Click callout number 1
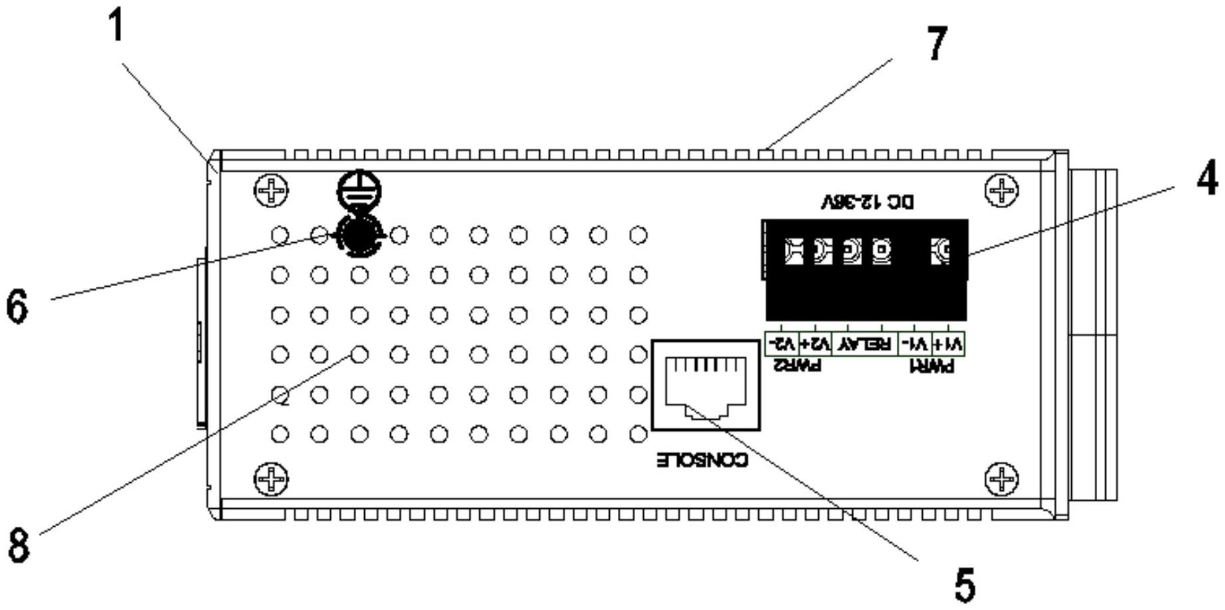coord(117,28)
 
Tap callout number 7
coord(937,44)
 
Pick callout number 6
coord(17,307)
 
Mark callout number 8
coord(19,545)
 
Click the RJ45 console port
coord(706,385)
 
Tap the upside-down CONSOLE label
coord(702,460)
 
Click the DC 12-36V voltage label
coord(868,202)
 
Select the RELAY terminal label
coord(865,344)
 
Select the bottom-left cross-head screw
coord(272,479)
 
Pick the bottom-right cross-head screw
coord(1001,479)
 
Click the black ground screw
coord(360,234)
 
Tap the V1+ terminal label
coord(948,344)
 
